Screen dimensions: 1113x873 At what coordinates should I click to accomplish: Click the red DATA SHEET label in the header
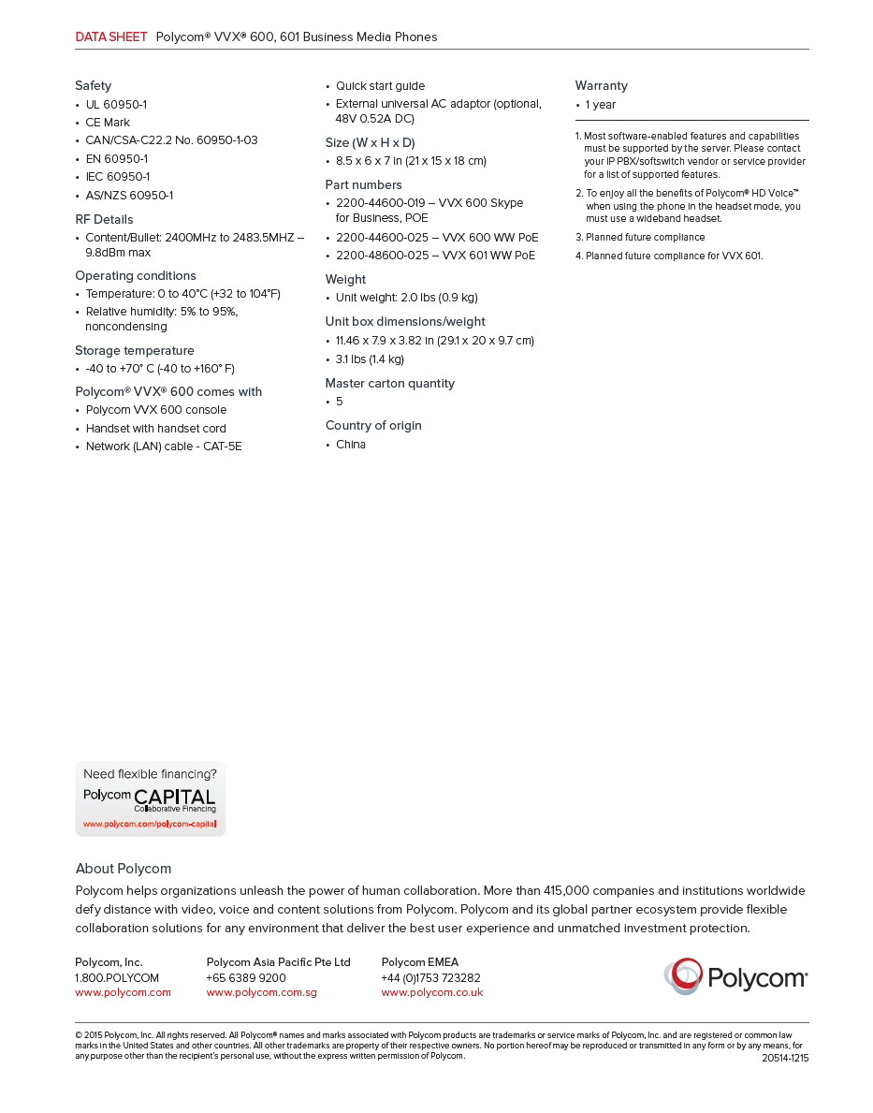(x=110, y=37)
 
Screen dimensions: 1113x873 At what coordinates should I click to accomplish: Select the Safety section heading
(x=93, y=86)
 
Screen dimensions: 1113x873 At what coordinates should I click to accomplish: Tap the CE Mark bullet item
(x=108, y=123)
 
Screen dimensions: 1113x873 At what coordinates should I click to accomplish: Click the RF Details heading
(x=104, y=220)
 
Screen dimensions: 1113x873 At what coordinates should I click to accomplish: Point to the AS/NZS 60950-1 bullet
(x=129, y=196)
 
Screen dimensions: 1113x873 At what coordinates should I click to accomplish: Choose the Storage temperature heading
(x=135, y=351)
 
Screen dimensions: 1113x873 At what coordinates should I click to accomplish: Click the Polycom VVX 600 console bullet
(x=156, y=410)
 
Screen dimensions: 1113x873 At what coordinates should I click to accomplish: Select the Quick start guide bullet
(x=380, y=86)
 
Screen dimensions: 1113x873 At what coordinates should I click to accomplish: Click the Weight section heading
(x=345, y=280)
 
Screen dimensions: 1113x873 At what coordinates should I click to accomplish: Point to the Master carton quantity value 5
(x=340, y=402)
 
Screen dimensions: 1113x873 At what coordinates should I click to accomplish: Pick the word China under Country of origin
(x=351, y=445)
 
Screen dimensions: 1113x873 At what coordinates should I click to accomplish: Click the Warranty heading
(x=601, y=86)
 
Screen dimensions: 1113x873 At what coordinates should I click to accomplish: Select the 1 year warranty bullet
(x=601, y=105)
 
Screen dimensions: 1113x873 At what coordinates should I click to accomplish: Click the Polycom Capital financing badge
(x=150, y=798)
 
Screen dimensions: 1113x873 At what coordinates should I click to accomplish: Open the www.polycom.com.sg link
(x=261, y=992)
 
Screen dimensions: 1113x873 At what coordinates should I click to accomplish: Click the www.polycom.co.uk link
(x=431, y=992)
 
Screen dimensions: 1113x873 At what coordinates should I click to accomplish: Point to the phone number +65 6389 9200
(x=246, y=977)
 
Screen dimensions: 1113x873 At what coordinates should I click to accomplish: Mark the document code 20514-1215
(x=785, y=1058)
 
